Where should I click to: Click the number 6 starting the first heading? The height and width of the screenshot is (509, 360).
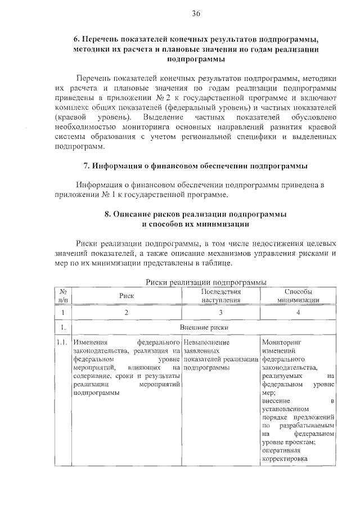pyautogui.click(x=76, y=40)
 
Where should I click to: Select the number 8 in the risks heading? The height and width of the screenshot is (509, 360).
pyautogui.click(x=107, y=215)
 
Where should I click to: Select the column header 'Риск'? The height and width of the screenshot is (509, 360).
pyautogui.click(x=127, y=295)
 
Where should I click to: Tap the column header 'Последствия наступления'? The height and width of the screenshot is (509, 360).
pyautogui.click(x=221, y=296)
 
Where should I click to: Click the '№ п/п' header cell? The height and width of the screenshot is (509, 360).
pyautogui.click(x=64, y=296)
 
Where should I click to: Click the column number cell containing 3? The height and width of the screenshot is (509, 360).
pyautogui.click(x=221, y=312)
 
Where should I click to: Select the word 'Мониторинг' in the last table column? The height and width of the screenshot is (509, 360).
pyautogui.click(x=282, y=342)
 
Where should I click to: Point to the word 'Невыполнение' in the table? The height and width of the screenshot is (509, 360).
pyautogui.click(x=206, y=342)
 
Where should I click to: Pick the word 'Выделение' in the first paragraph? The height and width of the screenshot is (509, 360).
pyautogui.click(x=163, y=116)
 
